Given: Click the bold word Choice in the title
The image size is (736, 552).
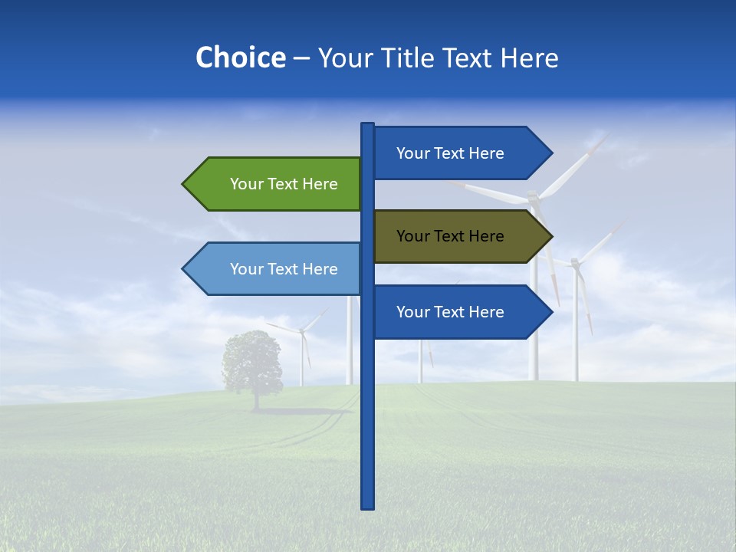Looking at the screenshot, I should click(x=240, y=58).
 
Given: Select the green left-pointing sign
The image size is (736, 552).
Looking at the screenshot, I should click(x=276, y=184).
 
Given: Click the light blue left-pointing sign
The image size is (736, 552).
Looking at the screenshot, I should click(x=276, y=269).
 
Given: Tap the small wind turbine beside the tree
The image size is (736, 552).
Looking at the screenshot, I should click(x=302, y=349).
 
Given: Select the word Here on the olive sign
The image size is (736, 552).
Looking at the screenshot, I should click(x=487, y=236).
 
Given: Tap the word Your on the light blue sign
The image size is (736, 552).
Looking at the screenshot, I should click(x=246, y=269).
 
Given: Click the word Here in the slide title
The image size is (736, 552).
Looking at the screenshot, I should click(x=529, y=58).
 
